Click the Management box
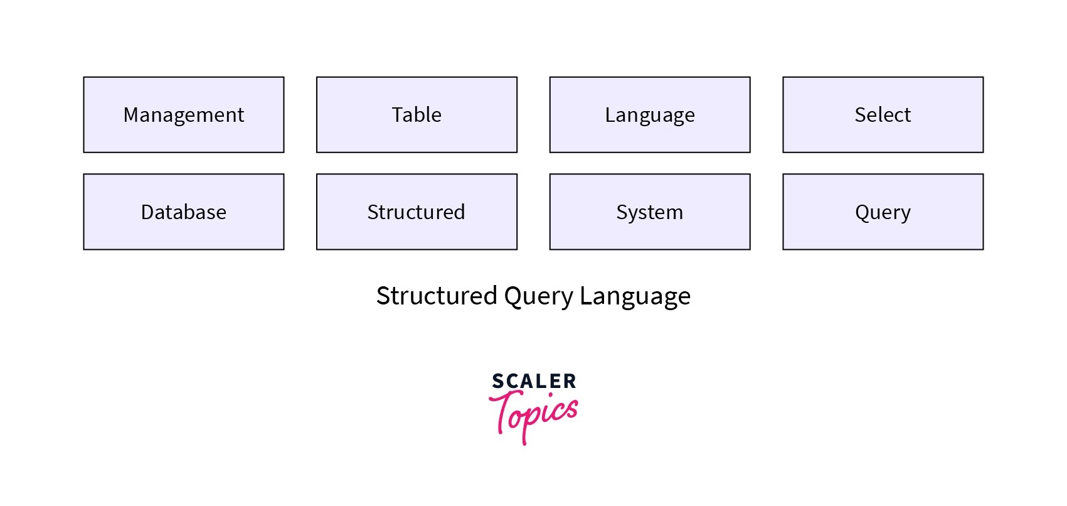coord(183,115)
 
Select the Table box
coord(417,115)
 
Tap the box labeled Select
coord(883,115)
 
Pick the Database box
coord(183,212)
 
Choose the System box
coord(649,212)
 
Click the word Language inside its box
coord(649,116)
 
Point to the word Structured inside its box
coord(416,212)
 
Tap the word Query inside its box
coord(883,213)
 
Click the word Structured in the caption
coord(436,296)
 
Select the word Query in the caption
coord(538,296)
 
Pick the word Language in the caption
coord(634,296)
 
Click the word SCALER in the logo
coord(534,381)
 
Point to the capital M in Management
coord(130,115)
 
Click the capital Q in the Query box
coord(863,212)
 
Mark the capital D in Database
coord(147,212)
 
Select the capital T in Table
coord(398,115)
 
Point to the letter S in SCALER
coord(497,381)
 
